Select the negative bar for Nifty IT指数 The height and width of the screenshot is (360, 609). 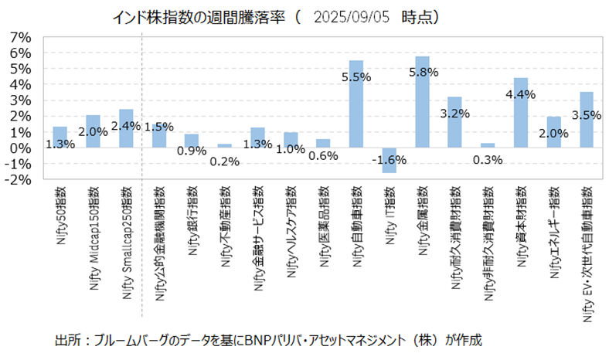coord(389,160)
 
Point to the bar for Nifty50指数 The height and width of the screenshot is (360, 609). coord(60,137)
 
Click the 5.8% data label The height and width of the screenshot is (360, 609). coord(422,72)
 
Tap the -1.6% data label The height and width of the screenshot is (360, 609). coord(389,159)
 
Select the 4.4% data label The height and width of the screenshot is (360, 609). coord(520,94)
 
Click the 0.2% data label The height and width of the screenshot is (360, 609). coord(225,161)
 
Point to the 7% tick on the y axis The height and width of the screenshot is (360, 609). coord(20,37)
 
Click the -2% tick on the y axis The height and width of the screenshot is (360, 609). coord(19,179)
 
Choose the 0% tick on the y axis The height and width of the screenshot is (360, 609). coord(20,148)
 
